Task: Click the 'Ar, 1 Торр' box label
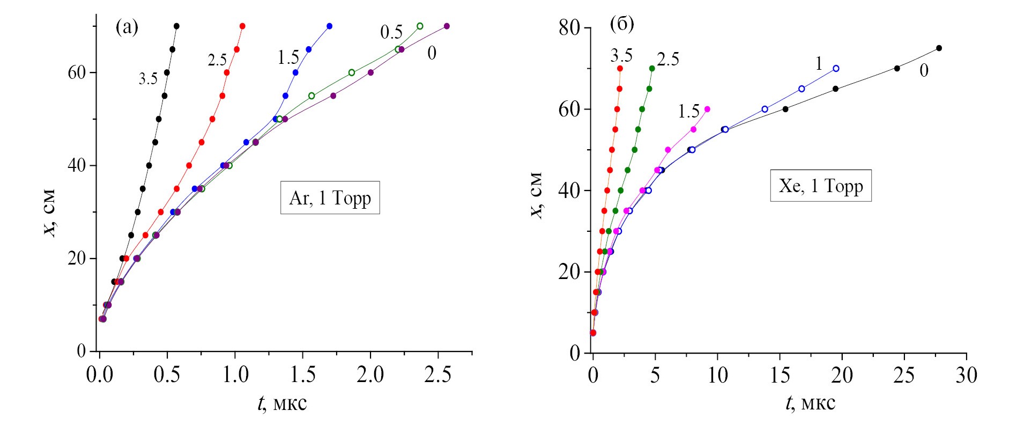tap(330, 198)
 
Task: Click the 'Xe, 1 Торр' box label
tap(821, 186)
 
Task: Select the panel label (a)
tap(127, 27)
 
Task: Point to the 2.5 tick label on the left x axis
tap(437, 375)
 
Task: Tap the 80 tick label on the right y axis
tap(569, 28)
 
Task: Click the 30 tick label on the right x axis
tap(966, 375)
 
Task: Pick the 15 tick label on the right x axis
tap(780, 375)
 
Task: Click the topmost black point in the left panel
tap(176, 26)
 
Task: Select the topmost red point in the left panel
tap(242, 26)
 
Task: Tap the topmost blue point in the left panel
tap(329, 26)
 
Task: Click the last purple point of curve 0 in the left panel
tap(447, 26)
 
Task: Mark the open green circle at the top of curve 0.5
tap(420, 26)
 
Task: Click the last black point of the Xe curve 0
tap(939, 48)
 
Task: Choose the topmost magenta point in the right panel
tap(707, 109)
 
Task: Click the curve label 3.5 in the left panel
tap(148, 79)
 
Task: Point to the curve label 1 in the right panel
tap(818, 64)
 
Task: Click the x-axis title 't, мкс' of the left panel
tap(282, 402)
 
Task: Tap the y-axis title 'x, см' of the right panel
tap(536, 195)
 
